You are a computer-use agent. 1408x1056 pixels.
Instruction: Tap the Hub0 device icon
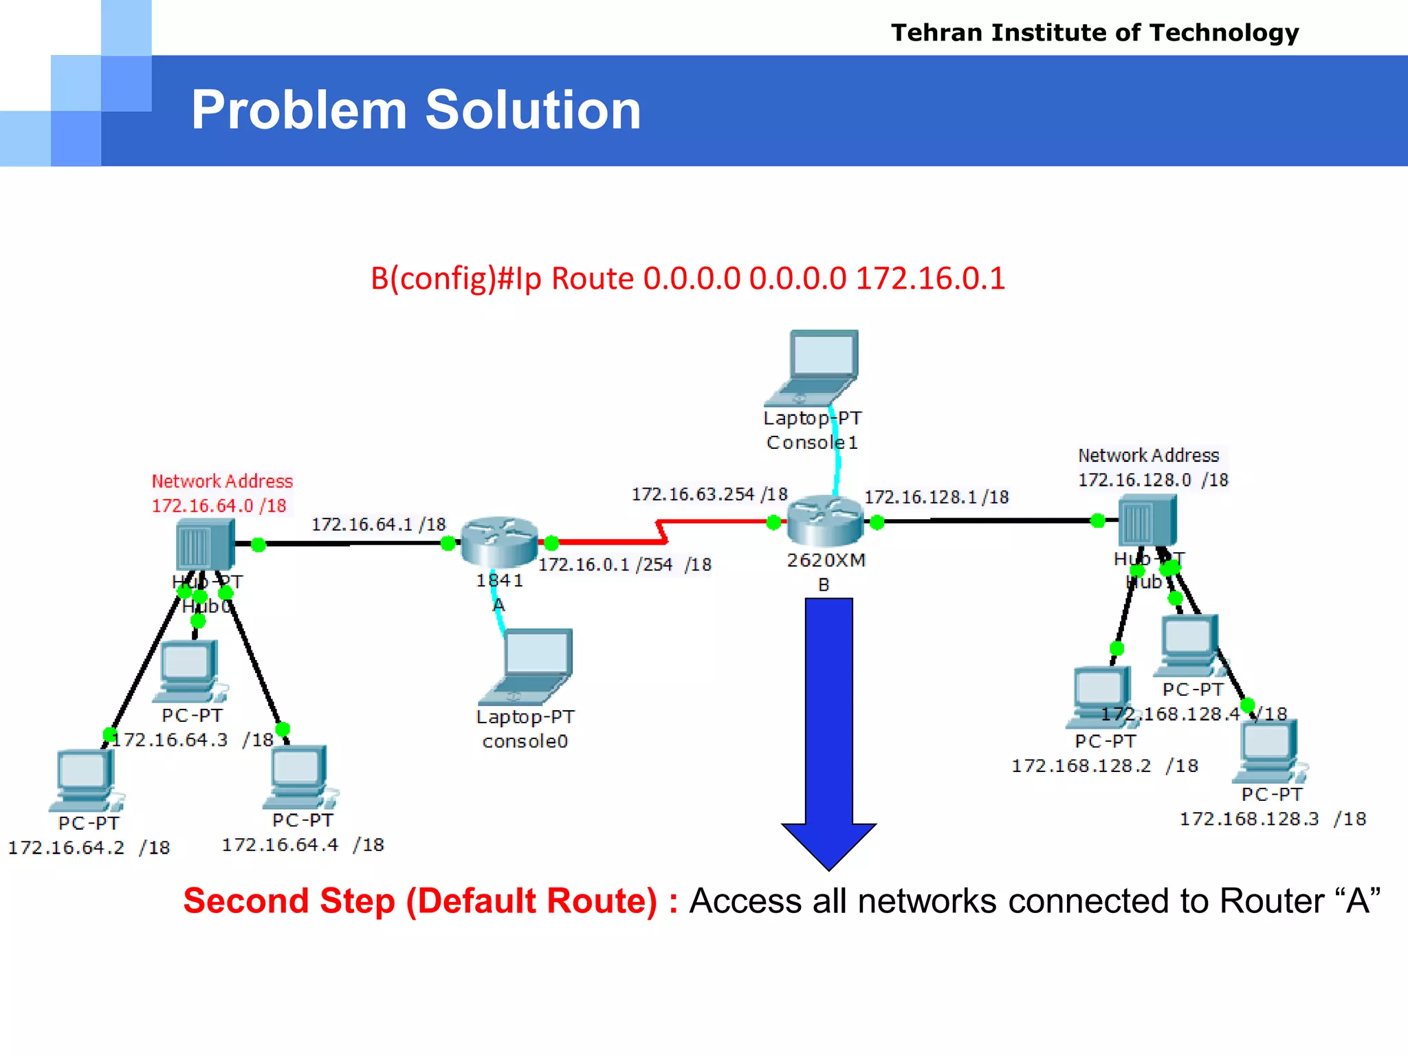click(x=205, y=544)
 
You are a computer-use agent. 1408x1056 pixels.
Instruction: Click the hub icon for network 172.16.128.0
click(x=1147, y=521)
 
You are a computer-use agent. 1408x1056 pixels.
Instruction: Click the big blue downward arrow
click(x=828, y=729)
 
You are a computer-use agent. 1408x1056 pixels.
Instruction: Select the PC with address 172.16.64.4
click(x=298, y=777)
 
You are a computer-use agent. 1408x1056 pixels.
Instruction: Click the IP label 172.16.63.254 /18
click(x=709, y=494)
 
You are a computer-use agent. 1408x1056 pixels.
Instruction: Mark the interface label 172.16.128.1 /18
click(x=936, y=497)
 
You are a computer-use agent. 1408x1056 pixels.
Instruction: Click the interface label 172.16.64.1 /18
click(x=378, y=525)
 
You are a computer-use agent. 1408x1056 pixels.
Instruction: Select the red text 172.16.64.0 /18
click(x=219, y=506)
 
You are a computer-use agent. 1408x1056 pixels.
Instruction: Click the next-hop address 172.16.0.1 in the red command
click(x=930, y=279)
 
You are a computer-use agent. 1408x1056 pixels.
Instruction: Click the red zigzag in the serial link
click(x=661, y=531)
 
